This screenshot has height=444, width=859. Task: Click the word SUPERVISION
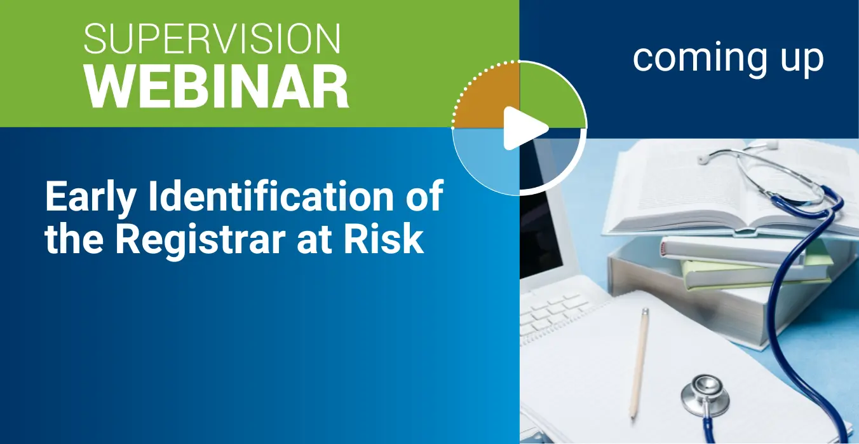click(212, 39)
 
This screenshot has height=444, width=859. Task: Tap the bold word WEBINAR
click(217, 87)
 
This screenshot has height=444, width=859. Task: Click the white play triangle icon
click(525, 128)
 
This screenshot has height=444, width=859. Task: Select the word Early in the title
click(90, 197)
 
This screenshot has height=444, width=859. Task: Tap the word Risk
click(384, 238)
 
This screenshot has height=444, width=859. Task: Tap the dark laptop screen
click(541, 215)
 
